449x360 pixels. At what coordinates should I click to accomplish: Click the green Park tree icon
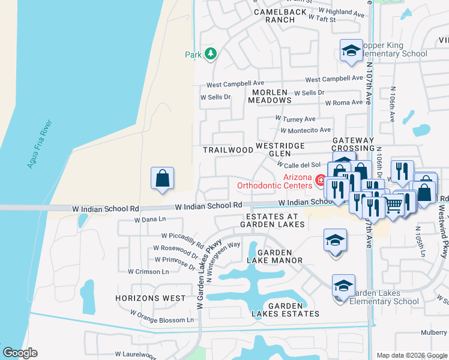210,55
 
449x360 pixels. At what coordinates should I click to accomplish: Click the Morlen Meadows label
271,96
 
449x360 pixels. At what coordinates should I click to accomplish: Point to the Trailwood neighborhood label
228,150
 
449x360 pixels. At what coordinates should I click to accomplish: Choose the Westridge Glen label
280,149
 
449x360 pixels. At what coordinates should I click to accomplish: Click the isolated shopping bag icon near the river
162,178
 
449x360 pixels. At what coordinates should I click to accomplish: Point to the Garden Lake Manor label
275,256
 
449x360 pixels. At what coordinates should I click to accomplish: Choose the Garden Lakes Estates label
285,310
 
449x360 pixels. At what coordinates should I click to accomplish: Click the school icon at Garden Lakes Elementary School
344,286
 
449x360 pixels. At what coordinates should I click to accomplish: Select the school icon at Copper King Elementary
351,51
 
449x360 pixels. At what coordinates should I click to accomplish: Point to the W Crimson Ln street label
148,271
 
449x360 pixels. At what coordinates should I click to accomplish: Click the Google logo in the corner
20,353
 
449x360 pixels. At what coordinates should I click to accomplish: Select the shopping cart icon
393,205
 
